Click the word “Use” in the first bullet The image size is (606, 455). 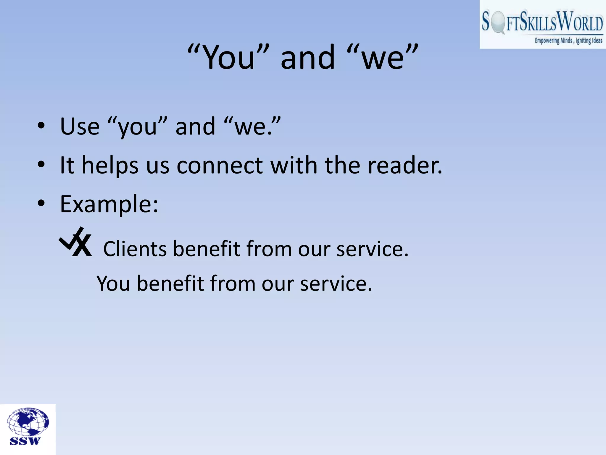pos(80,126)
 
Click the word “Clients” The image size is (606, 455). pos(135,249)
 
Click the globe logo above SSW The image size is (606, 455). pos(28,421)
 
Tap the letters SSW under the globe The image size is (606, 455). pos(25,441)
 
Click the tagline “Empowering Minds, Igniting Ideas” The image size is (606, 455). pos(568,41)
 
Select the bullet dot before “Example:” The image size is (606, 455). pos(41,204)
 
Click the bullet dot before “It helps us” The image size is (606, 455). pos(41,164)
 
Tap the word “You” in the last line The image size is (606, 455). pos(114,284)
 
